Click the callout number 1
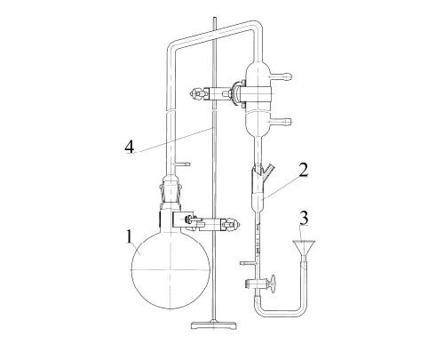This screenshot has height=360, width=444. pyautogui.click(x=129, y=237)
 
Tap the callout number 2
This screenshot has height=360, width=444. pyautogui.click(x=303, y=170)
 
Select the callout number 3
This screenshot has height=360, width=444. pyautogui.click(x=304, y=218)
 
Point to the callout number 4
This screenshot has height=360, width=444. pyautogui.click(x=129, y=147)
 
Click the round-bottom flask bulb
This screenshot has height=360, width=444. pyautogui.click(x=170, y=269)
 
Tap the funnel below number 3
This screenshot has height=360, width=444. pyautogui.click(x=304, y=248)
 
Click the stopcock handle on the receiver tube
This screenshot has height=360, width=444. pyautogui.click(x=272, y=284)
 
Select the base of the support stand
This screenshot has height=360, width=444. pyautogui.click(x=214, y=325)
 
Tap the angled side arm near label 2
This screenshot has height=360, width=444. pyautogui.click(x=269, y=170)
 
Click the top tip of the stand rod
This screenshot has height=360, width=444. pyautogui.click(x=214, y=19)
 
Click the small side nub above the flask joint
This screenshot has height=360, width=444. pyautogui.click(x=183, y=164)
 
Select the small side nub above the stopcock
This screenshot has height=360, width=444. pyautogui.click(x=248, y=263)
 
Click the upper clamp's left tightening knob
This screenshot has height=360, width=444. pyautogui.click(x=196, y=93)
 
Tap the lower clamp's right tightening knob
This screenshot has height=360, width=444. pyautogui.click(x=232, y=224)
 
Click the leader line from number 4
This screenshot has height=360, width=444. pyautogui.click(x=174, y=140)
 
